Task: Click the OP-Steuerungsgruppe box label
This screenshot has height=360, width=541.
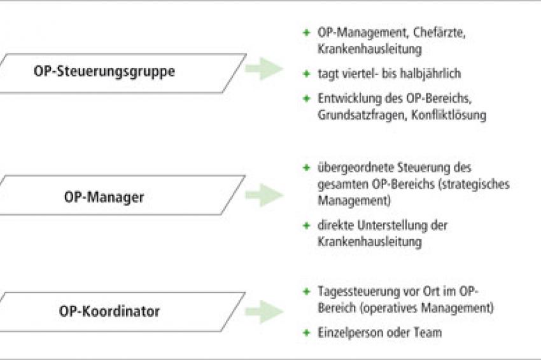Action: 104,72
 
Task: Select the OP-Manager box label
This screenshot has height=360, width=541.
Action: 104,198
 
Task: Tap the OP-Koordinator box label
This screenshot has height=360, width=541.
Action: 109,311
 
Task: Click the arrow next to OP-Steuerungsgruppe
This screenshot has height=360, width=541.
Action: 264,69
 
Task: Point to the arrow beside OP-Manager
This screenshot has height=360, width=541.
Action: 264,195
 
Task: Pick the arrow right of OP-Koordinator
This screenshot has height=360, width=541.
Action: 264,312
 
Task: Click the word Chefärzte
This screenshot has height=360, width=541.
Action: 439,33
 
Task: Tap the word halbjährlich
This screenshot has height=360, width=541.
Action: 427,74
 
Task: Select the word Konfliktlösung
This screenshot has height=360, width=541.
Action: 449,115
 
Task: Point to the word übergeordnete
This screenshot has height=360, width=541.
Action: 355,168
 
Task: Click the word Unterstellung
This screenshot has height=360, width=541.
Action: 392,226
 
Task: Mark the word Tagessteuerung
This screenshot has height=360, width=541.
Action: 357,292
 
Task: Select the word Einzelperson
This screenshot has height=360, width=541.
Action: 350,333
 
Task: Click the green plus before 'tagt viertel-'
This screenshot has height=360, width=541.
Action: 306,73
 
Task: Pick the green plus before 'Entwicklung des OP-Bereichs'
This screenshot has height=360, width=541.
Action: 306,99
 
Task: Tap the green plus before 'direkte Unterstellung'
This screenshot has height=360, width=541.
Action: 306,226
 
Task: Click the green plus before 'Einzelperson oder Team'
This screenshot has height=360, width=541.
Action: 306,333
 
